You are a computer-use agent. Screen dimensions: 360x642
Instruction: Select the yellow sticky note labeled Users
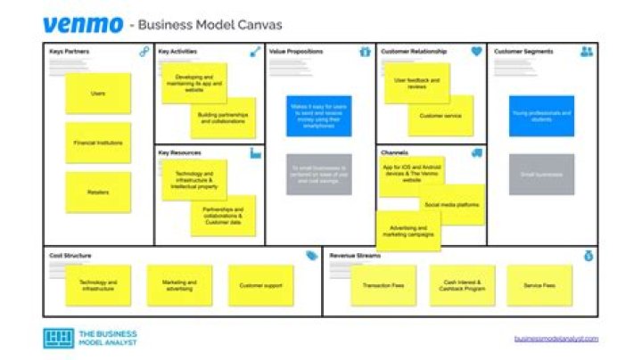[97, 93]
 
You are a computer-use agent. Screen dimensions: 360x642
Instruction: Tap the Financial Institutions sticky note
[97, 143]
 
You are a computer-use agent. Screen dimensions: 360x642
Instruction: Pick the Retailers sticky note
[97, 192]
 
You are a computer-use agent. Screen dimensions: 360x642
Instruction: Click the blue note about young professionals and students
[541, 116]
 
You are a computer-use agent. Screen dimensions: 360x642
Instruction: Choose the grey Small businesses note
[541, 175]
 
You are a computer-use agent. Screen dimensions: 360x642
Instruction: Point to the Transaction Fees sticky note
[383, 285]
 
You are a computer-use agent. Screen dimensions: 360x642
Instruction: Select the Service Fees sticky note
[539, 285]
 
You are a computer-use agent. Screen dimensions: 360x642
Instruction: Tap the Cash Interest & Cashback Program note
[462, 285]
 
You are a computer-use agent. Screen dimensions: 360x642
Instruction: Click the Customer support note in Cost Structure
[260, 285]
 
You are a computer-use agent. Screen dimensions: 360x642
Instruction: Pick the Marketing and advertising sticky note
[179, 285]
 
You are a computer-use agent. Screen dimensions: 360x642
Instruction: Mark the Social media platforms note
[452, 205]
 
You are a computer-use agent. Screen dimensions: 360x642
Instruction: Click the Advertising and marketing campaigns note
[407, 231]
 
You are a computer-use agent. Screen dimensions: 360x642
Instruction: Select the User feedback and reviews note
[416, 83]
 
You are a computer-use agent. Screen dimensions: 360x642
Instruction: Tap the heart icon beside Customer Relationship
[477, 52]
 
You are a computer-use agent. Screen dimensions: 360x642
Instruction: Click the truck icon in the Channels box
[477, 153]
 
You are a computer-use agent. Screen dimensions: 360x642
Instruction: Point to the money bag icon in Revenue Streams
[588, 256]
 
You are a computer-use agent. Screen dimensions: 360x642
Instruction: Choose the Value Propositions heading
[296, 52]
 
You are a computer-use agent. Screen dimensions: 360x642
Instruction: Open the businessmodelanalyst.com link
[556, 339]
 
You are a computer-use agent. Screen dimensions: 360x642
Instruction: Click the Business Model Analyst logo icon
[58, 339]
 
